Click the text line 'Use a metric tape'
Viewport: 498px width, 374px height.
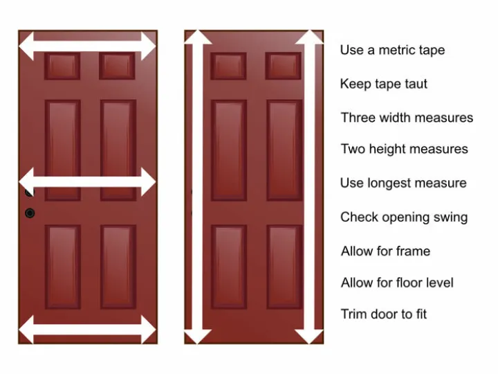coord(392,50)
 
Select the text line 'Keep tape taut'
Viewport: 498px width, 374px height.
coord(383,84)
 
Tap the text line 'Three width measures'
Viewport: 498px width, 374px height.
coord(407,118)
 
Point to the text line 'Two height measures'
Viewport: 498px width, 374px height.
coord(404,149)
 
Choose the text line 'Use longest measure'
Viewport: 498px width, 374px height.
coord(403,183)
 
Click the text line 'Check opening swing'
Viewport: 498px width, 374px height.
coord(404,217)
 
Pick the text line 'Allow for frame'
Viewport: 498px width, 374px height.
coord(385,251)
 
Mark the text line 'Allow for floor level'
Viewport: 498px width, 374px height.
coord(397,283)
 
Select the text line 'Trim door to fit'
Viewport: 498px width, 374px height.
coord(383,314)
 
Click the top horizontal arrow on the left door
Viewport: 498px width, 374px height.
coord(87,46)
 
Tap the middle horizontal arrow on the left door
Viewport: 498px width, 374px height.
coord(87,181)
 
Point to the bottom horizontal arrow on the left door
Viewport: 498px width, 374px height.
coord(87,328)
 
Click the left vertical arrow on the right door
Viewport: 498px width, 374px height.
coord(197,187)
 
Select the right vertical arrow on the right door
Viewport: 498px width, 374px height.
coord(309,187)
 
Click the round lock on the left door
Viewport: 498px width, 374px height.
coord(30,213)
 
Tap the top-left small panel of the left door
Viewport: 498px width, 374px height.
coord(62,66)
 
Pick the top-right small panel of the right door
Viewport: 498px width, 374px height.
coord(284,66)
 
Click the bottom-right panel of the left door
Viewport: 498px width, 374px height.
coord(118,267)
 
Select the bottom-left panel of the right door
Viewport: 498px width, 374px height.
coord(229,267)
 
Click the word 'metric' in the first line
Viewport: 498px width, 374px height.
coord(395,50)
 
